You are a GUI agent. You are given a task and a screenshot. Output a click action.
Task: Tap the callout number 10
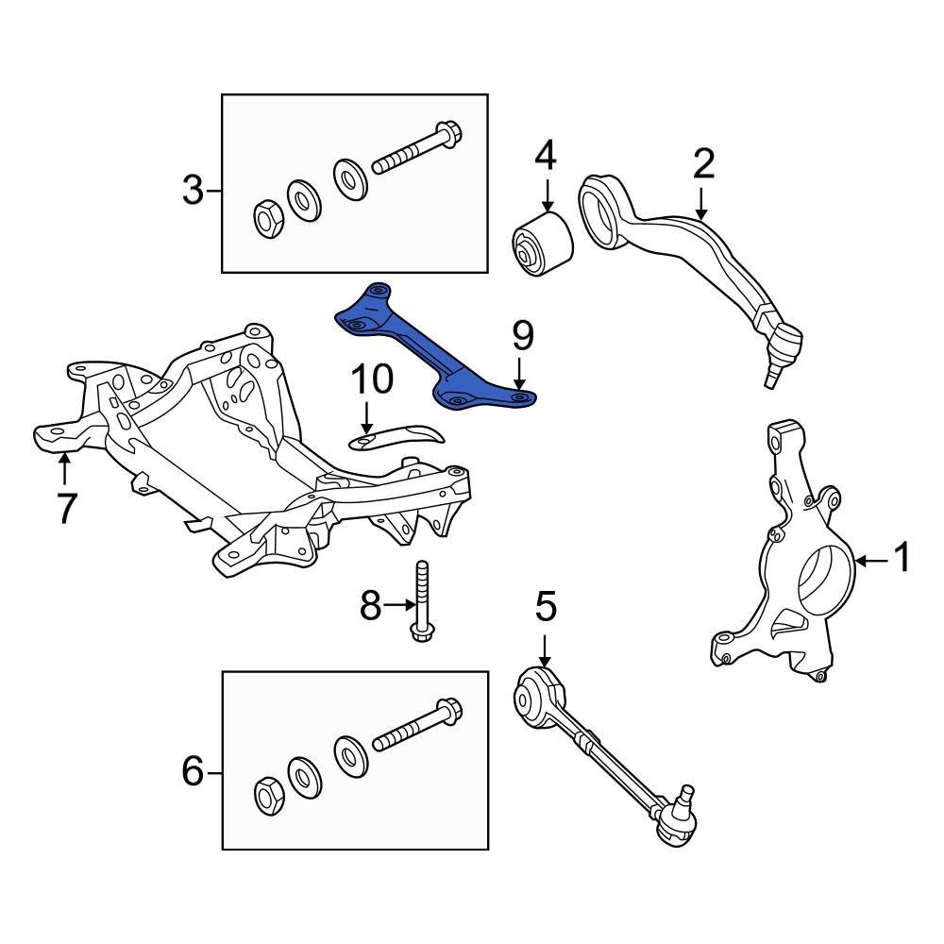pos(372,380)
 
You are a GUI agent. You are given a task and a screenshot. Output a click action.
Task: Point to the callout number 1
pos(902,559)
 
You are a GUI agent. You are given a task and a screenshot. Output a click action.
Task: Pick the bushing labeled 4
pos(542,243)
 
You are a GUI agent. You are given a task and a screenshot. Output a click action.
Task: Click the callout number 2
pos(704,163)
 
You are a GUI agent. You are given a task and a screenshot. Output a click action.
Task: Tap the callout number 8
pos(370,605)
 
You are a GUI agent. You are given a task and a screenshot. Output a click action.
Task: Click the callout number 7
pos(65,508)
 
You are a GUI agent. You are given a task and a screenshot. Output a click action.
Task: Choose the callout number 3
pos(193,192)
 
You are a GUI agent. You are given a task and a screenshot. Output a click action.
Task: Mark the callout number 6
pos(193,773)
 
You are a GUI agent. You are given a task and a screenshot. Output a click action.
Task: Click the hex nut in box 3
pos(267,218)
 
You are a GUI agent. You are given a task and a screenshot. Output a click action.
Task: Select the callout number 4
pos(546,156)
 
